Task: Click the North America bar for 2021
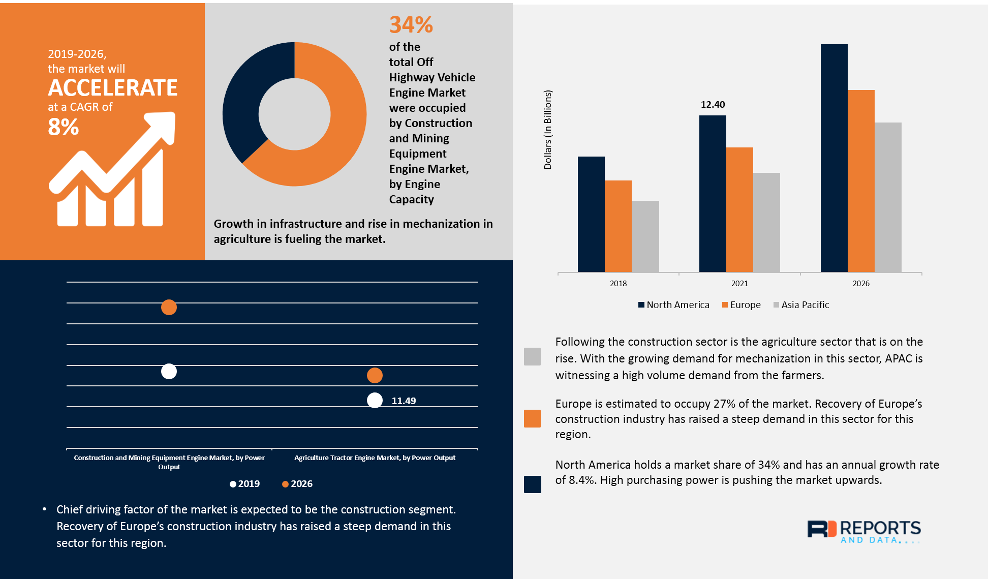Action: click(713, 193)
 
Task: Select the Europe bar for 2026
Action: click(861, 180)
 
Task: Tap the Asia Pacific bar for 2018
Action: click(645, 236)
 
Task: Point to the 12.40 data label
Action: click(713, 105)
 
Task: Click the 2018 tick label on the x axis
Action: click(618, 284)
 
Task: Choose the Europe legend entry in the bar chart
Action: click(742, 305)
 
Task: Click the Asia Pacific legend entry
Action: click(801, 305)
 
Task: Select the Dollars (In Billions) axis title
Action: click(548, 130)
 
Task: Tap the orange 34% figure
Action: click(411, 25)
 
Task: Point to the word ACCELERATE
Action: click(113, 88)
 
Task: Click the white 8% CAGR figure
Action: click(64, 127)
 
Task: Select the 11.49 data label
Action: click(404, 401)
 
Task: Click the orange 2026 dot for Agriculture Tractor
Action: click(375, 376)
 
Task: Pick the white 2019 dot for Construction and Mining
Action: click(169, 372)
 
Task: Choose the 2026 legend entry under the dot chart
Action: click(297, 484)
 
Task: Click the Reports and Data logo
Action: click(864, 531)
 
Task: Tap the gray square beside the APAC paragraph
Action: click(532, 356)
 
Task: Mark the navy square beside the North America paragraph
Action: click(532, 484)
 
